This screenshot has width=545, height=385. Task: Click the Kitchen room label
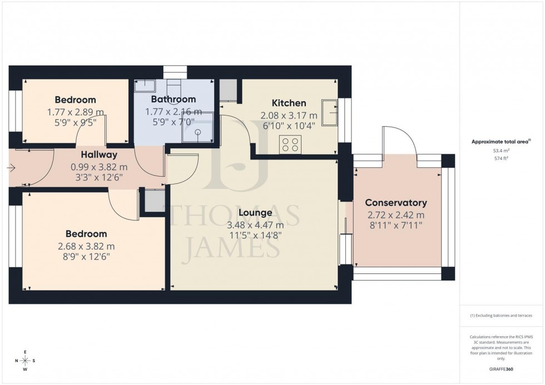[289, 103]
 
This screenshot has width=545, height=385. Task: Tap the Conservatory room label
[396, 203]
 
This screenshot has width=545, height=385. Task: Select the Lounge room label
[255, 212]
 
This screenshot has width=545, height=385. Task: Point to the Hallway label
[99, 154]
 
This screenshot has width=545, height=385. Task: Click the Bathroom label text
[173, 99]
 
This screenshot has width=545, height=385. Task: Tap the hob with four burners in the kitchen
[290, 144]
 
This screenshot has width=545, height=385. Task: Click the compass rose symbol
[25, 360]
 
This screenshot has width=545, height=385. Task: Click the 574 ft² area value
[502, 158]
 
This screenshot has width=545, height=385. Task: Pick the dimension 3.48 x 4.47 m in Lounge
[255, 225]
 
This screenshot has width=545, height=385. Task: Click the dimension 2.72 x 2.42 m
[396, 216]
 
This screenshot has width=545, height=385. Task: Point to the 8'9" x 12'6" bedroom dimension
[86, 257]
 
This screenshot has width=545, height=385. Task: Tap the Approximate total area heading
[501, 142]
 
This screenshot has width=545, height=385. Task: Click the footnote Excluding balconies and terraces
[502, 316]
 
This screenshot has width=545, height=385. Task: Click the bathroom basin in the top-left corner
[146, 84]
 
